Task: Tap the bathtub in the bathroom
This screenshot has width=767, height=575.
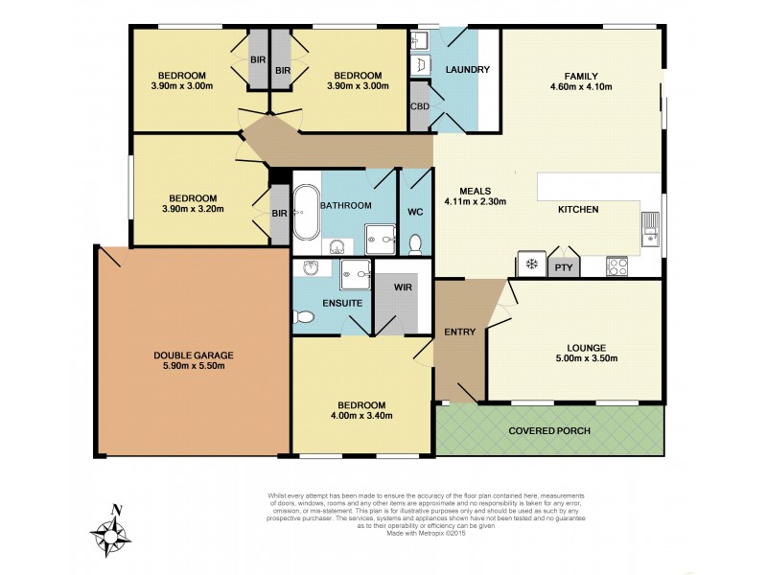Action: click(306, 213)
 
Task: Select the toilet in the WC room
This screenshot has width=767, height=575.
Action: click(415, 244)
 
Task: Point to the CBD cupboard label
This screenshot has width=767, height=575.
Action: click(419, 107)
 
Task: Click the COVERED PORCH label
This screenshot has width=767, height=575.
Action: click(549, 430)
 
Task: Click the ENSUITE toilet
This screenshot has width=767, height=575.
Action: click(305, 317)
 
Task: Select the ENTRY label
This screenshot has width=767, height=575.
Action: click(459, 332)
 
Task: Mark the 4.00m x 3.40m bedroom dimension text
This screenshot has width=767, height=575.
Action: click(360, 415)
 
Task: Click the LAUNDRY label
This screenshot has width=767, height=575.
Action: click(467, 69)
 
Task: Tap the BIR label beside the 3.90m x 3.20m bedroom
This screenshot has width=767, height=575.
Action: click(279, 214)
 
